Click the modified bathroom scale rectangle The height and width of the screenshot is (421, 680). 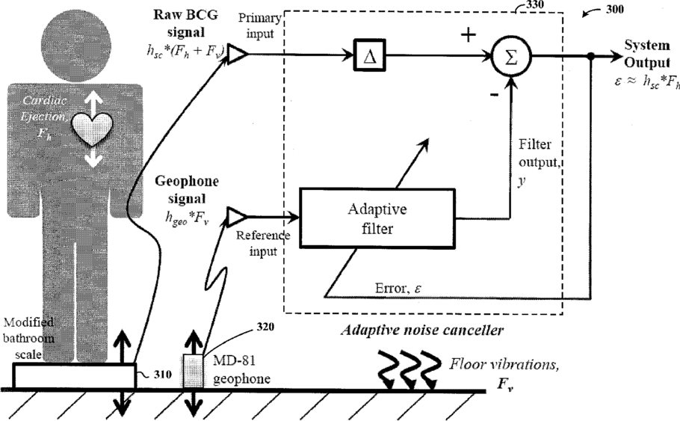pos(73,376)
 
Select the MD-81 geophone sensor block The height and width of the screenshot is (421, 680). pos(193,372)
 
